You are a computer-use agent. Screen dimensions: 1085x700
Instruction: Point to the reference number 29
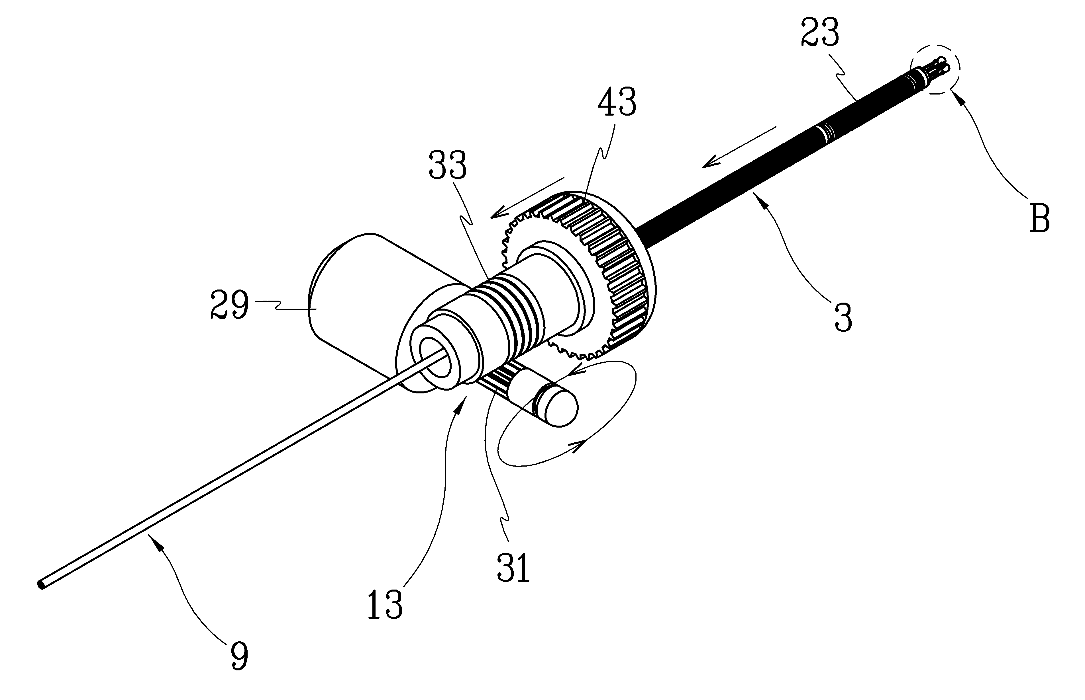(230, 305)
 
